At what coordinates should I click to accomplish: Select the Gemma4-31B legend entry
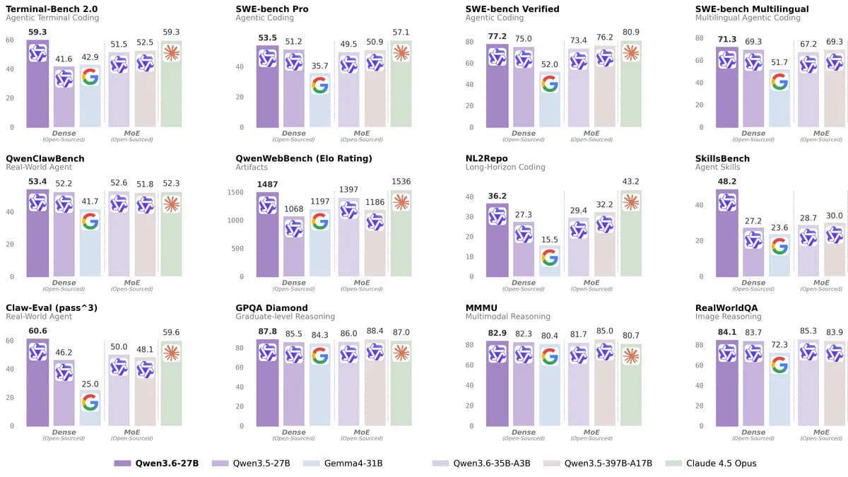[x=344, y=464]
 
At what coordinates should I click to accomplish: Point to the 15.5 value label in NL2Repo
[x=549, y=240]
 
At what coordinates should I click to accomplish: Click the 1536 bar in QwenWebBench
[x=401, y=233]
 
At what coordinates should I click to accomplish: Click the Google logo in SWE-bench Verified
[x=549, y=83]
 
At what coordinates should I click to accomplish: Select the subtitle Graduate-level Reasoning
[x=285, y=317]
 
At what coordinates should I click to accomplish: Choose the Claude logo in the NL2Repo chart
[x=630, y=202]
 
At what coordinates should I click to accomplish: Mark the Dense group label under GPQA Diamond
[x=293, y=432]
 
